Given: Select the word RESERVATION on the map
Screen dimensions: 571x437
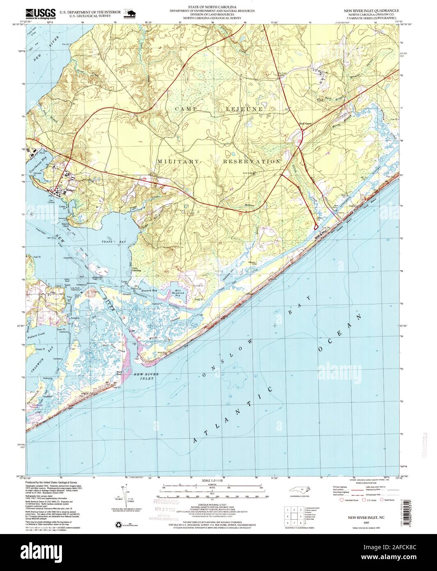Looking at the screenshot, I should click(252, 161).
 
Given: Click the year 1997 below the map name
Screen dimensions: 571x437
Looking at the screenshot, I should click(361, 519).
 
